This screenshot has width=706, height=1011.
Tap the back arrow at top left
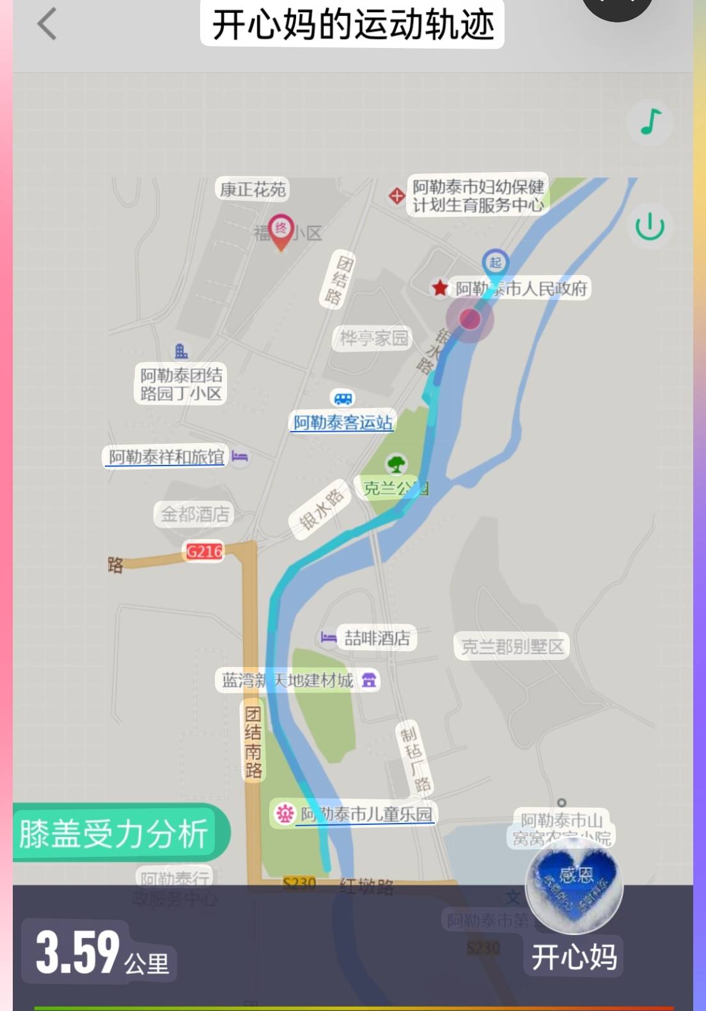click(47, 24)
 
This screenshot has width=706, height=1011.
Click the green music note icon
click(650, 121)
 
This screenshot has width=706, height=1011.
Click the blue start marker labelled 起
click(495, 262)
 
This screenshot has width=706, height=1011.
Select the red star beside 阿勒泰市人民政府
click(439, 288)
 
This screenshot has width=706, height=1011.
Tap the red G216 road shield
click(204, 551)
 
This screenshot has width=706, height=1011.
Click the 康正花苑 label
click(253, 189)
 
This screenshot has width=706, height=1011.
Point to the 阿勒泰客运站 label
click(343, 423)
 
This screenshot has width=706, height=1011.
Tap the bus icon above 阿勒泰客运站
click(343, 399)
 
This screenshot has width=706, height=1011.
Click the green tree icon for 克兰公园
click(396, 463)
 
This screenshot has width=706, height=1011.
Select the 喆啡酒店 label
click(377, 638)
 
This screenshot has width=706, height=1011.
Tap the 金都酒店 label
click(194, 513)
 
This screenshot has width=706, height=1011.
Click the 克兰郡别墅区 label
click(512, 647)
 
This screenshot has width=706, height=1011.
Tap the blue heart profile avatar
click(574, 886)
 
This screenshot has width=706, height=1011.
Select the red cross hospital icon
click(396, 196)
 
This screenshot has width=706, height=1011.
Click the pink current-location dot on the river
click(470, 318)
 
